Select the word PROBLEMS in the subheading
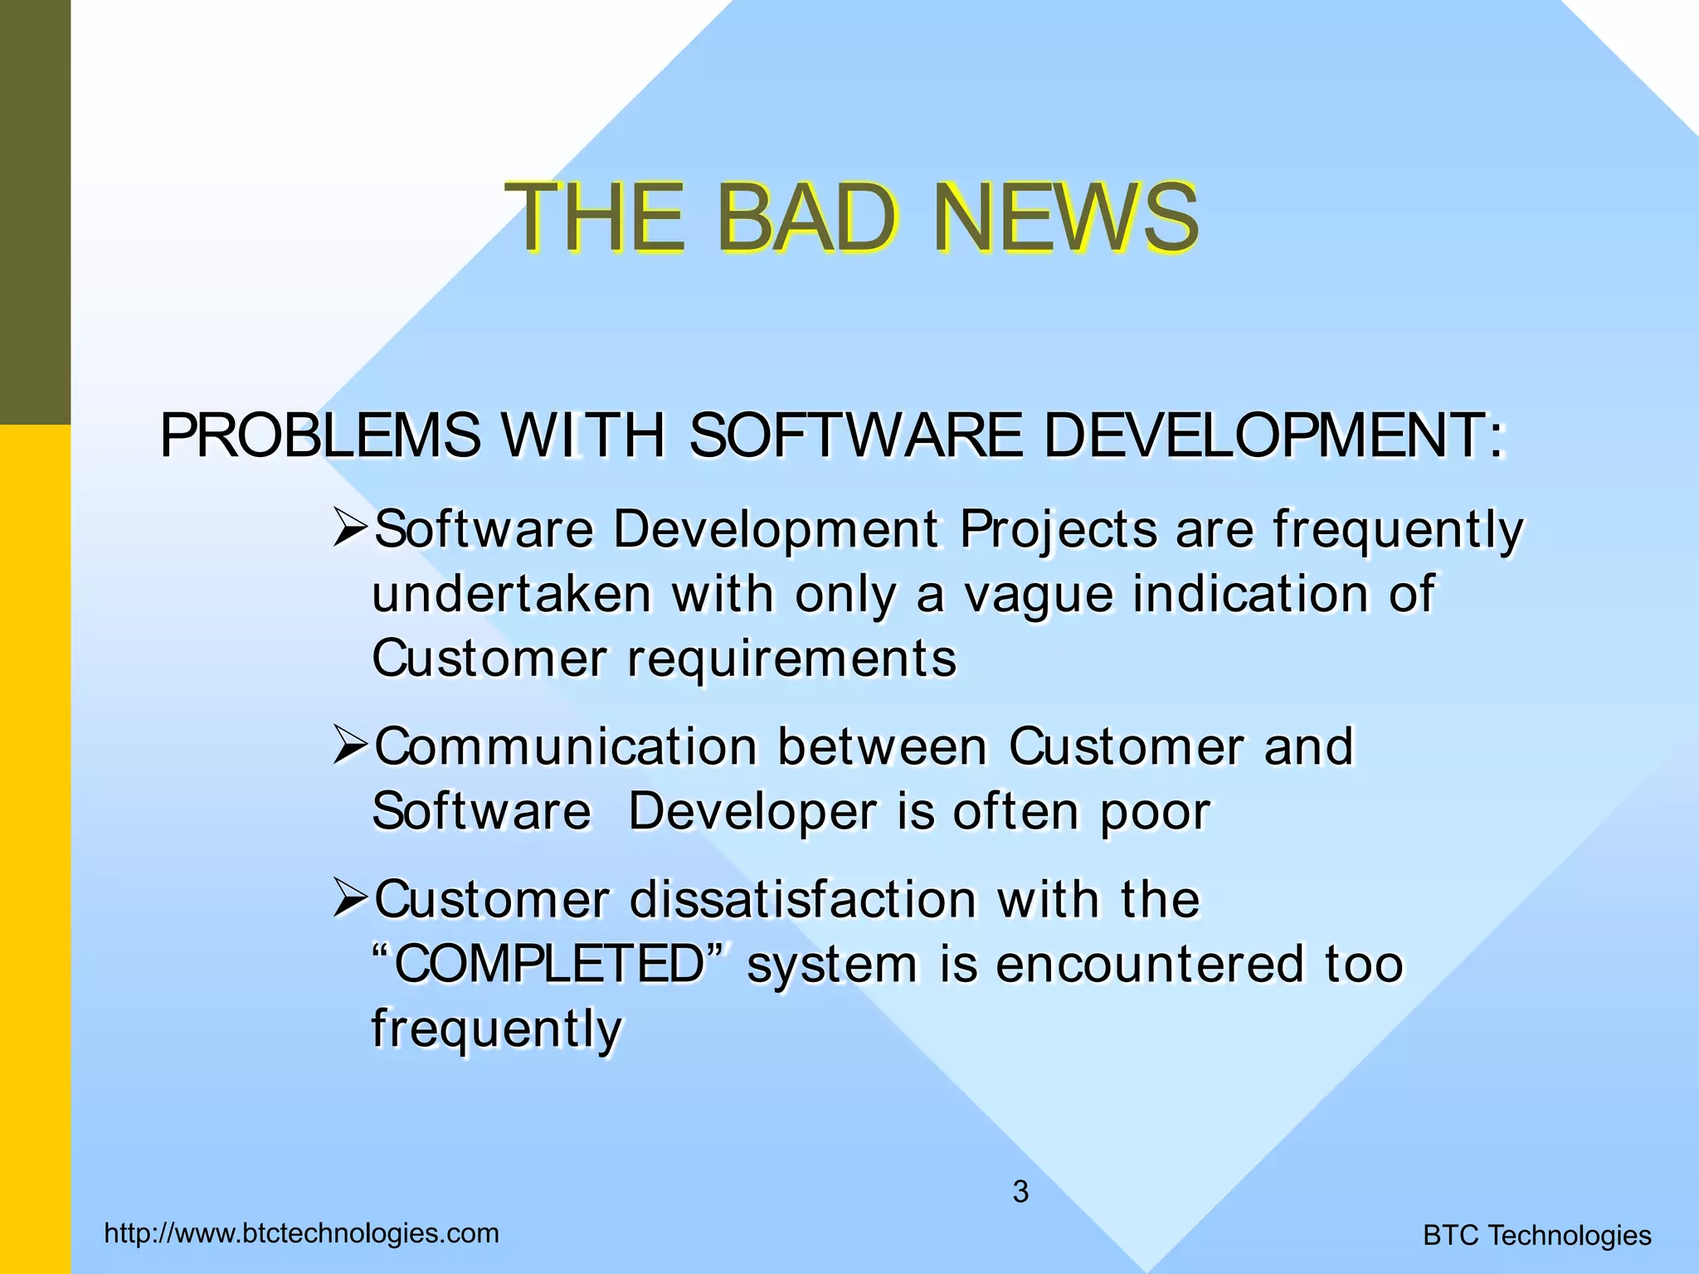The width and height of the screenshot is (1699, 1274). point(320,435)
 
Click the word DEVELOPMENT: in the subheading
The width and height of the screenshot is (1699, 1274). point(1274,435)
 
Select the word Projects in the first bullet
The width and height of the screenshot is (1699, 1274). point(1058,531)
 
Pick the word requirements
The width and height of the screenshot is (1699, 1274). point(791,659)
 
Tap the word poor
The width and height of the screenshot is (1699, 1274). point(1156,813)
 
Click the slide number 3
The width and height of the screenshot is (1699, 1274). point(1020,1192)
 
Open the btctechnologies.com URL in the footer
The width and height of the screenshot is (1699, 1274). point(302,1233)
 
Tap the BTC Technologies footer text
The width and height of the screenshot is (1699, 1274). point(1536,1236)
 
